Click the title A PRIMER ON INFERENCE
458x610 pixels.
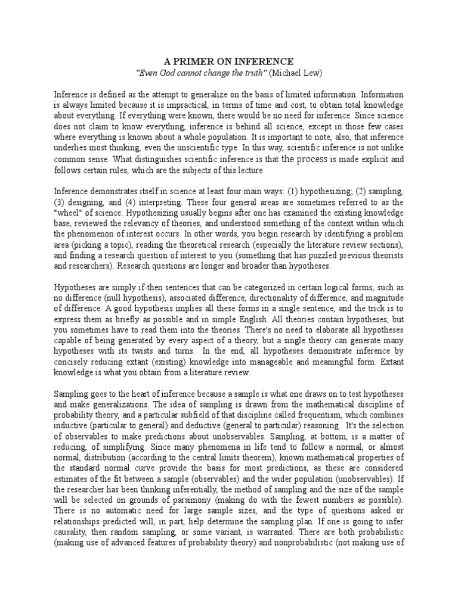tap(228, 61)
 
